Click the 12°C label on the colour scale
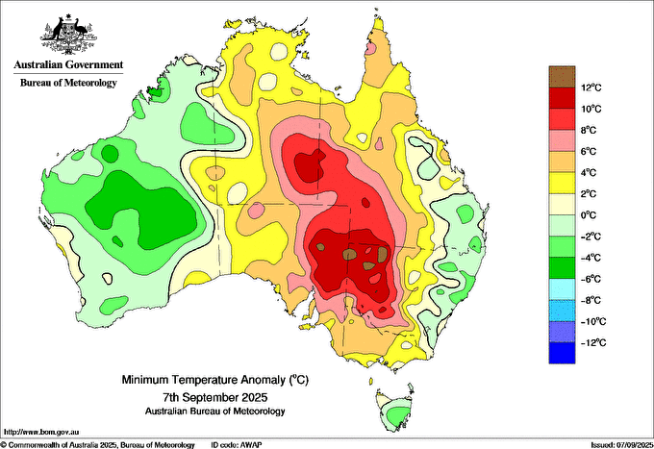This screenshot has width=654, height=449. pyautogui.click(x=591, y=87)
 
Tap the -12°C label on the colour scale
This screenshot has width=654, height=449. pyautogui.click(x=593, y=342)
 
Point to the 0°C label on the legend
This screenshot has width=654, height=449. pyautogui.click(x=589, y=215)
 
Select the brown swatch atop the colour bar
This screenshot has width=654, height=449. pyautogui.click(x=562, y=77)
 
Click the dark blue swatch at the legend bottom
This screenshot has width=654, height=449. pyautogui.click(x=562, y=353)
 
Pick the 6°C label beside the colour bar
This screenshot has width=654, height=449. pyautogui.click(x=589, y=151)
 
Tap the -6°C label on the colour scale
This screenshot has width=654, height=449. pyautogui.click(x=591, y=279)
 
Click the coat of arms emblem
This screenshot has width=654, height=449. pyautogui.click(x=68, y=35)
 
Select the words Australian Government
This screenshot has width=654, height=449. pyautogui.click(x=68, y=64)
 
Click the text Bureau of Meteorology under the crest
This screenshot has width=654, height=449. pyautogui.click(x=68, y=83)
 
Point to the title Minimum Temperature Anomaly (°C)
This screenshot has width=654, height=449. pyautogui.click(x=214, y=380)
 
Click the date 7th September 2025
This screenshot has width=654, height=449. pyautogui.click(x=214, y=396)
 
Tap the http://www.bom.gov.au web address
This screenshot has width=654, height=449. pyautogui.click(x=41, y=432)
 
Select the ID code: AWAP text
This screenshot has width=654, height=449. pyautogui.click(x=237, y=445)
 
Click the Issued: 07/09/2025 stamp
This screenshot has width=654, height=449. pyautogui.click(x=621, y=445)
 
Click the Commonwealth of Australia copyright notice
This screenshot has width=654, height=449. pyautogui.click(x=97, y=445)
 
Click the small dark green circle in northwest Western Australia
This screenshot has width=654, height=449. pyautogui.click(x=110, y=153)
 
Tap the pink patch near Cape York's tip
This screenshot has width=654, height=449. pyautogui.click(x=370, y=48)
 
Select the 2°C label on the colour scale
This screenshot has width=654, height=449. pyautogui.click(x=589, y=194)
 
